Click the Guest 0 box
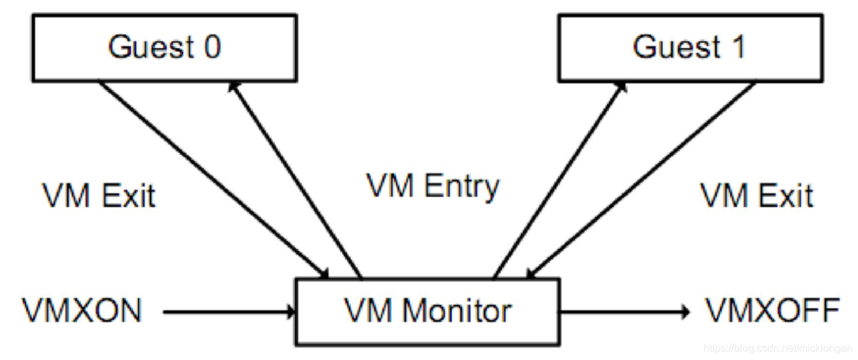tap(164, 48)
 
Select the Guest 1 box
tap(690, 48)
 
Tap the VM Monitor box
tap(428, 311)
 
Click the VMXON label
tap(81, 311)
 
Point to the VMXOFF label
tap(773, 311)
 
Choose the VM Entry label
tap(433, 187)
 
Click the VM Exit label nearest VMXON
tap(99, 196)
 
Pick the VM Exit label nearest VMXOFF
tap(756, 196)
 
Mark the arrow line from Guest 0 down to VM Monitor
tap(210, 177)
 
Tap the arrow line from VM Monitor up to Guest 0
tap(296, 181)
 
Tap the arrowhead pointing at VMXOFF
tap(685, 311)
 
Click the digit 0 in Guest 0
tap(211, 47)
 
